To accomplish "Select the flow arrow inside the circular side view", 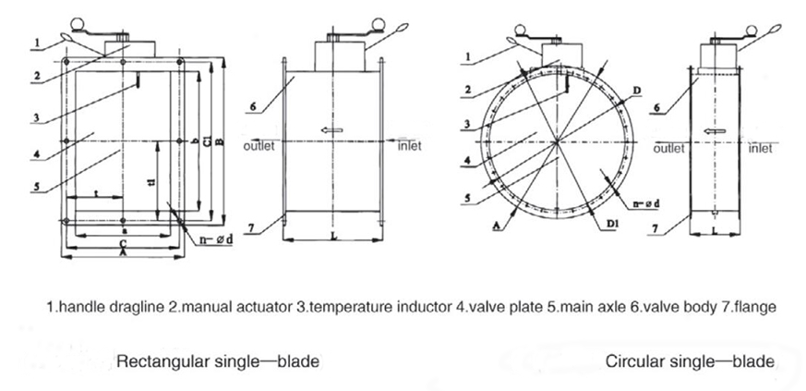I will coord(712,133).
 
